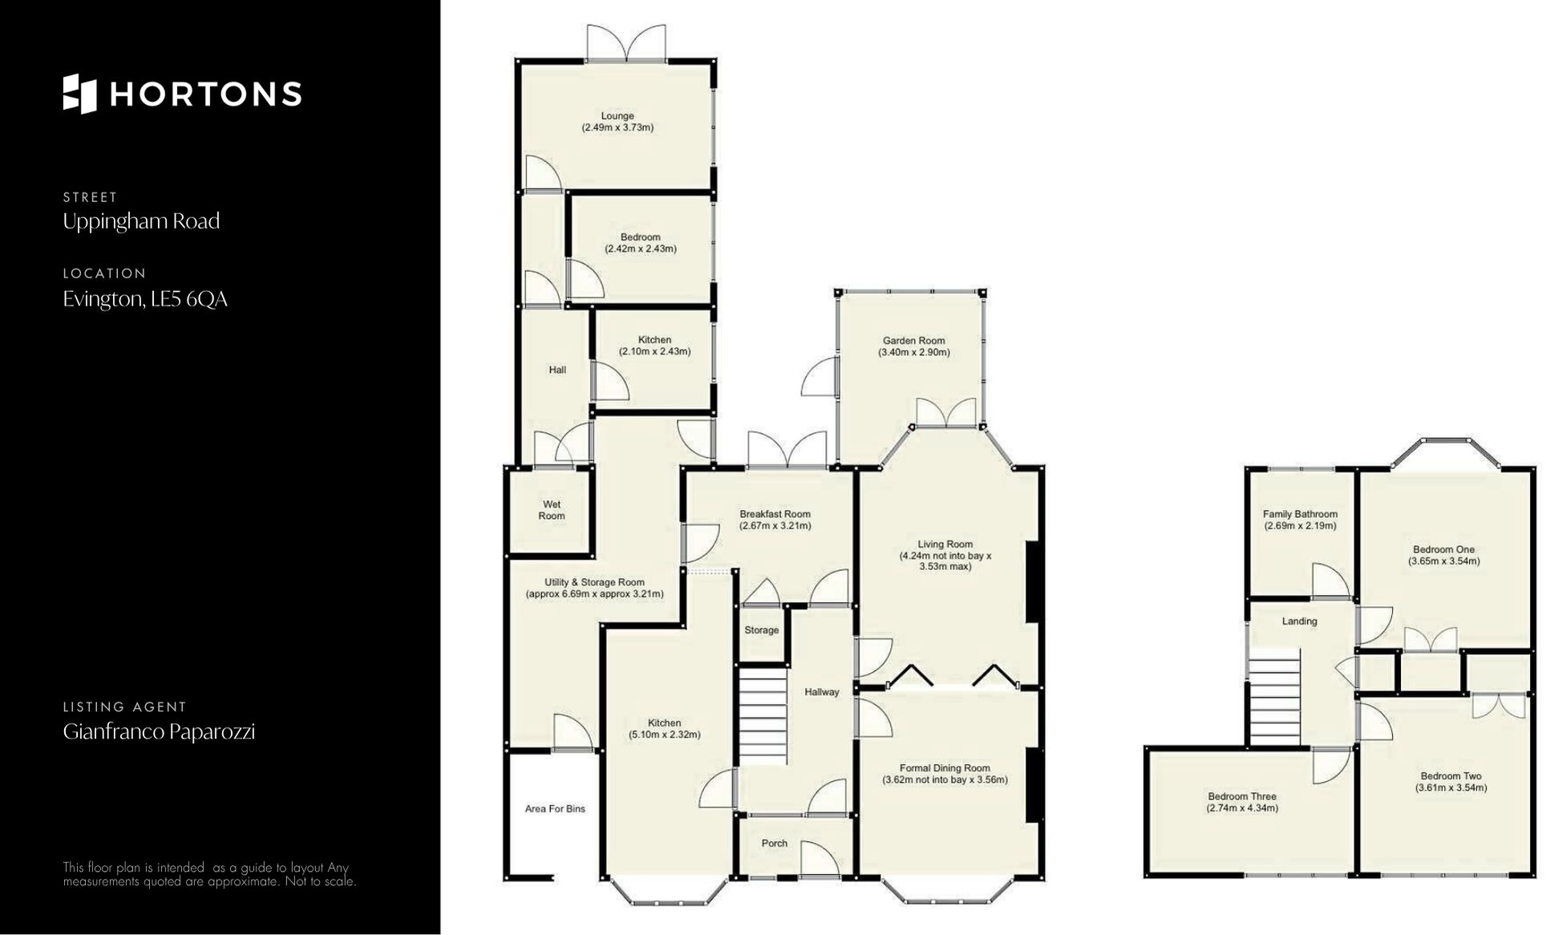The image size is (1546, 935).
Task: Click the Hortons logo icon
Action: (x=79, y=94)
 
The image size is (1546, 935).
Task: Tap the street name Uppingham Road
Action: (x=141, y=221)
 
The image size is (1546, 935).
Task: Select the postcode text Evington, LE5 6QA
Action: (x=145, y=299)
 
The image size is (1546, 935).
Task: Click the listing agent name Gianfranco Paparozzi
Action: (x=159, y=731)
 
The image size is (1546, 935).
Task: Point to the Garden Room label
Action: (x=913, y=341)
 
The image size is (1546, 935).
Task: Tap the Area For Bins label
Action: (x=555, y=808)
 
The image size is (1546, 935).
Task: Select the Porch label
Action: (x=774, y=843)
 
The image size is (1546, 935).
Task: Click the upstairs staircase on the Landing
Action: (x=1274, y=698)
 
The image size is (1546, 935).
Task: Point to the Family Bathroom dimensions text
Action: (x=1300, y=526)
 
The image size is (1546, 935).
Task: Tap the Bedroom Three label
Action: (x=1242, y=796)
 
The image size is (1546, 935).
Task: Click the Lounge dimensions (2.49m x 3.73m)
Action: (x=617, y=127)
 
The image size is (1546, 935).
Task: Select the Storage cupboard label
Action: (x=761, y=630)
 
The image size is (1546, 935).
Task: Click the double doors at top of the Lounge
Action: (x=626, y=43)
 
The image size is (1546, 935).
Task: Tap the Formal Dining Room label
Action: (x=945, y=767)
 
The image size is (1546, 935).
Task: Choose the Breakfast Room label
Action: (x=775, y=514)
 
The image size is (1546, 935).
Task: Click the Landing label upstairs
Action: (x=1299, y=621)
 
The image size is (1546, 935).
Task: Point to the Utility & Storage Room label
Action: (x=594, y=582)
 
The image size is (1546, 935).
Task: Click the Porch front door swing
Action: (x=820, y=860)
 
